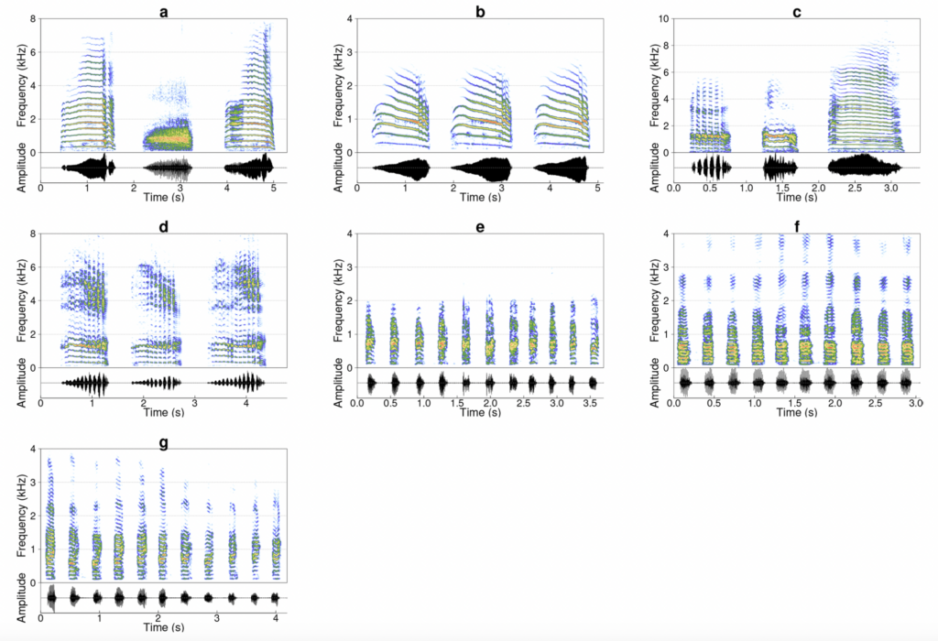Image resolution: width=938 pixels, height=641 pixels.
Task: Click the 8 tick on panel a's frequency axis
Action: click(x=33, y=19)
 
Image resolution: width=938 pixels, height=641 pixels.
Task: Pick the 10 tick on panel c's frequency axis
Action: click(x=663, y=19)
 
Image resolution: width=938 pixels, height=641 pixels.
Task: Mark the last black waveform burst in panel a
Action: click(x=248, y=168)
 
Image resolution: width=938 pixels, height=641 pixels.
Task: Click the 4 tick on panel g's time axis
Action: click(x=277, y=619)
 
